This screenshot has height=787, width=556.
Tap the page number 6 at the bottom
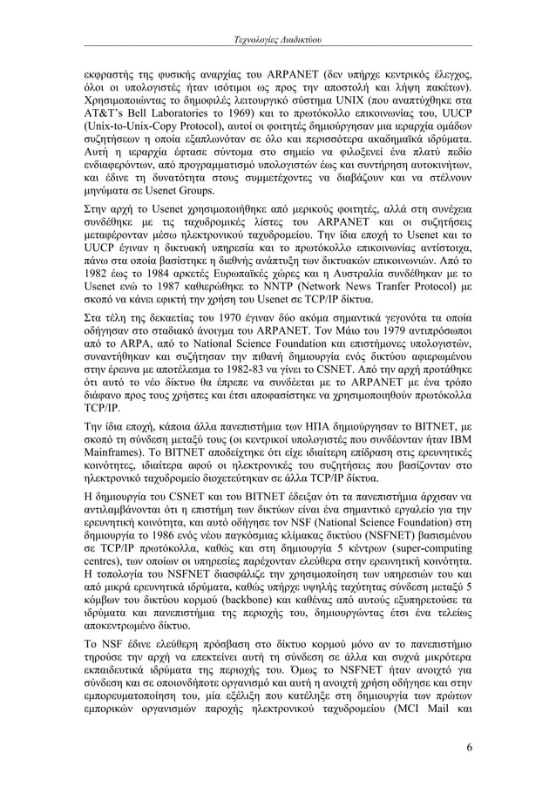[x=470, y=747]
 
